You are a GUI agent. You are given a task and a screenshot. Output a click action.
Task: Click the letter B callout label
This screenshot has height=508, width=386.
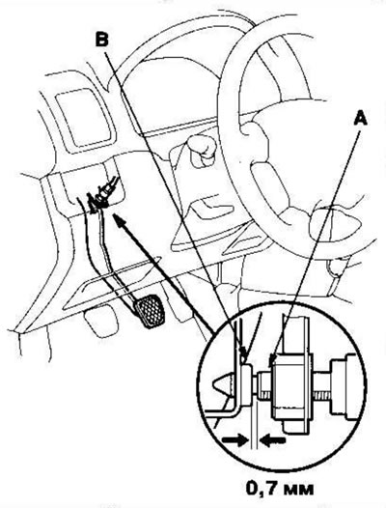point(101,40)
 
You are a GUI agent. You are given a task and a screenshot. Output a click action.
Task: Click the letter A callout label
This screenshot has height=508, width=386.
point(360,118)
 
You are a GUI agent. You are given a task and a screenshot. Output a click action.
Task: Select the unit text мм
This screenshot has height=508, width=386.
point(297,490)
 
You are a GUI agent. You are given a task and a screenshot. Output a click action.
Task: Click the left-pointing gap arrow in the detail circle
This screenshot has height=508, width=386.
point(273,440)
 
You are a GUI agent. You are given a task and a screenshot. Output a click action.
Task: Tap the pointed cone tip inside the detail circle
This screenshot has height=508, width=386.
point(222,384)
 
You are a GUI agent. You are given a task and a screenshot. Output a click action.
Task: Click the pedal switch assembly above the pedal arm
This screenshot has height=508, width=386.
point(101,196)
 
